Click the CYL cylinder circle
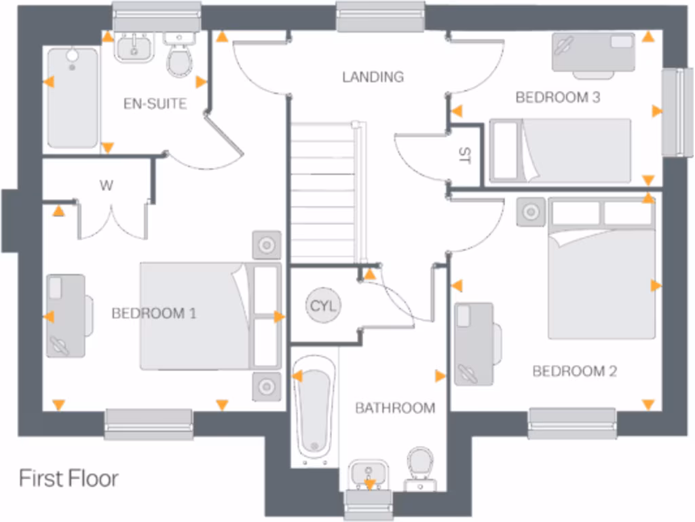(x=324, y=305)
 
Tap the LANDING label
(x=373, y=77)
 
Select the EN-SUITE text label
(x=155, y=104)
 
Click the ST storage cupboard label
(x=465, y=155)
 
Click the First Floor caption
(x=68, y=478)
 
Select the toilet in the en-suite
(x=180, y=58)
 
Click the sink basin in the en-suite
(x=135, y=48)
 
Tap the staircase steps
(x=324, y=190)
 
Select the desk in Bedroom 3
(x=593, y=52)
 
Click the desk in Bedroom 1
(x=67, y=315)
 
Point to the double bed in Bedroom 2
(x=602, y=268)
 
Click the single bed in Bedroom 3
(x=561, y=151)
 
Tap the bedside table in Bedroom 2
(x=530, y=212)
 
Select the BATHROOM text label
(x=395, y=408)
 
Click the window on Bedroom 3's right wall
(x=673, y=111)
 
